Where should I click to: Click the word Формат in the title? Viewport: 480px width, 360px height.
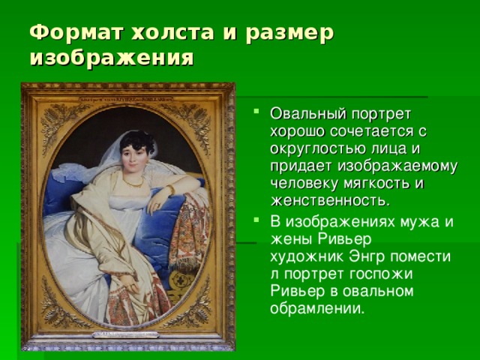(76, 32)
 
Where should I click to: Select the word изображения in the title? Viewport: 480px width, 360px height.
(112, 58)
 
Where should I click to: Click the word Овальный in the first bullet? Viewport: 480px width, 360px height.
(308, 114)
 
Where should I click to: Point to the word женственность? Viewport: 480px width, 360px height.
(331, 201)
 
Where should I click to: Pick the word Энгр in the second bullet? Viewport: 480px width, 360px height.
(367, 256)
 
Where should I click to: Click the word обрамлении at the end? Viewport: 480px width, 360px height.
(317, 308)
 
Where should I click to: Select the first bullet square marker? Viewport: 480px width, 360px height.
(256, 110)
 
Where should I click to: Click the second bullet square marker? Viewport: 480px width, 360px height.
(256, 220)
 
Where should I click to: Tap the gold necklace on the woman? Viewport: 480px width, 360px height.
(133, 183)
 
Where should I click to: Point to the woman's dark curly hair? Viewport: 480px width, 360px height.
(137, 142)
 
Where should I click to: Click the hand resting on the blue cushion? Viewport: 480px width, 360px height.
(157, 202)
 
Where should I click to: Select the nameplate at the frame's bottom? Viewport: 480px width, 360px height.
(125, 334)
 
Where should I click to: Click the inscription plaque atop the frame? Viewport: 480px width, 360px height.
(126, 100)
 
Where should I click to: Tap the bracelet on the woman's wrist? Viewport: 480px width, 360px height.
(171, 189)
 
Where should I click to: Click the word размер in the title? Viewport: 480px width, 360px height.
(289, 34)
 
